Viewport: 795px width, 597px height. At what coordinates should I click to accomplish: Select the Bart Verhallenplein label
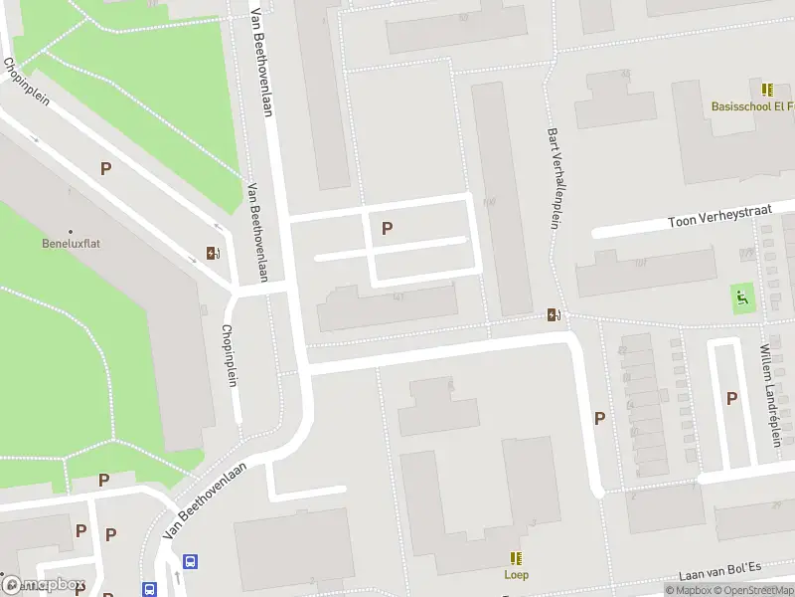coord(554,177)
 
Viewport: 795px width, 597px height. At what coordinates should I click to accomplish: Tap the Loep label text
coord(516,574)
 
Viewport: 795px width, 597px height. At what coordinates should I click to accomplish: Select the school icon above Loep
coord(516,558)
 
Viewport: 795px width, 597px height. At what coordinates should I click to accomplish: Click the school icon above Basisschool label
coord(767,90)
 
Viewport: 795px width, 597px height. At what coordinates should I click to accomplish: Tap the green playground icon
coord(741,296)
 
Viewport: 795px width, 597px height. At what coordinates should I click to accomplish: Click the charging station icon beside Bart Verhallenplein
coord(554,315)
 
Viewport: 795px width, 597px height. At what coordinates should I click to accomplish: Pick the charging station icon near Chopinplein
coord(213,253)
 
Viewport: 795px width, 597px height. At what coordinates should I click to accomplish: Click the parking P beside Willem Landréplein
coord(732,398)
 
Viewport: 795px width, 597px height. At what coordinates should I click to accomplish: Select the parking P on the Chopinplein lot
coord(105,169)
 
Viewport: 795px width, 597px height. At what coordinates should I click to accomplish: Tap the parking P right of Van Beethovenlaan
coord(387,228)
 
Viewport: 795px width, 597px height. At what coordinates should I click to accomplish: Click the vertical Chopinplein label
coord(230,356)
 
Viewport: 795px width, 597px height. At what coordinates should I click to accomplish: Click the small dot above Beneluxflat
coord(71,229)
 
